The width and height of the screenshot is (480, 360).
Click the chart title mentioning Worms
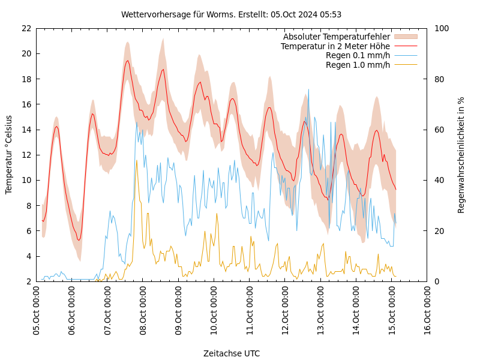coord(231,14)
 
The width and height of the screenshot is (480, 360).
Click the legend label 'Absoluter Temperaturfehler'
coord(336,37)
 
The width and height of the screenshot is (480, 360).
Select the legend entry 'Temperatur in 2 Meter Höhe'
coord(335,46)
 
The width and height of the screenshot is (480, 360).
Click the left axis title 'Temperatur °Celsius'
coord(9,155)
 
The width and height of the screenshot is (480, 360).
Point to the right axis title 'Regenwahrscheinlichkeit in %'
coord(461,155)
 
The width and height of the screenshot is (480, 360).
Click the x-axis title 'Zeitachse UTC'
coord(232,353)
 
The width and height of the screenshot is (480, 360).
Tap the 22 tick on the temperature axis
coord(26,28)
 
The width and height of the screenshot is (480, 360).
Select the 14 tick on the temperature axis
coord(26,130)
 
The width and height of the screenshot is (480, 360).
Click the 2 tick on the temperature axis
coord(28,281)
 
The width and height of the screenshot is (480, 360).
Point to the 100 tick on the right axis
coord(440,28)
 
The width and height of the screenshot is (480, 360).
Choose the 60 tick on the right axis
coord(438,130)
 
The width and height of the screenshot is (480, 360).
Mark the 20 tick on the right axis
coord(438,231)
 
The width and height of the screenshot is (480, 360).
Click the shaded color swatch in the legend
coord(405,37)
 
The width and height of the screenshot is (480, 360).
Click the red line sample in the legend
coord(405,46)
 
